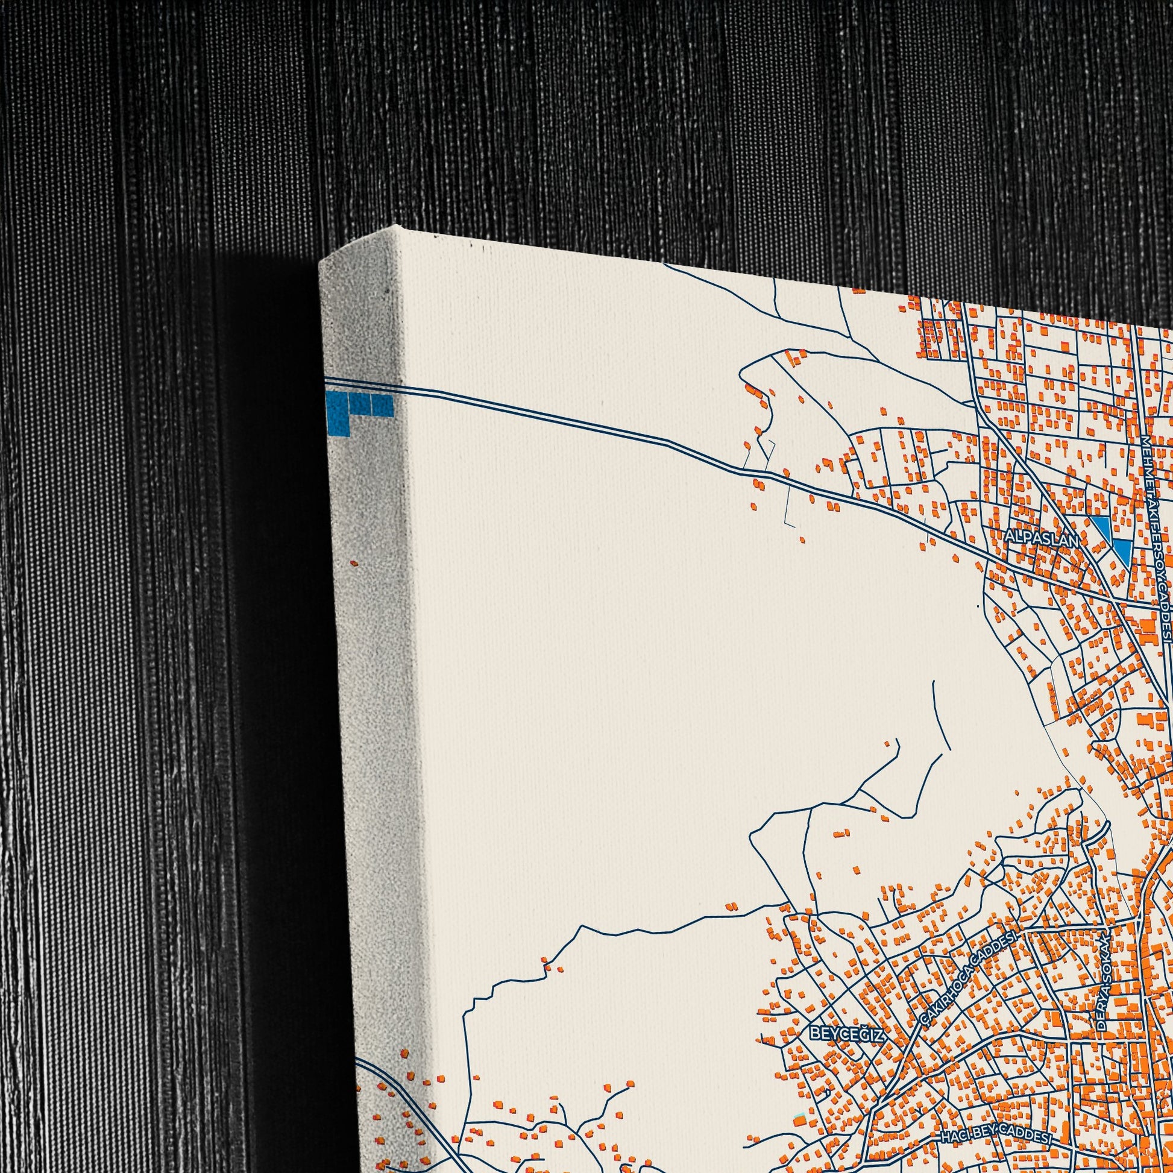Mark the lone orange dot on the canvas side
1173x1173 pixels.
click(x=354, y=564)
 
